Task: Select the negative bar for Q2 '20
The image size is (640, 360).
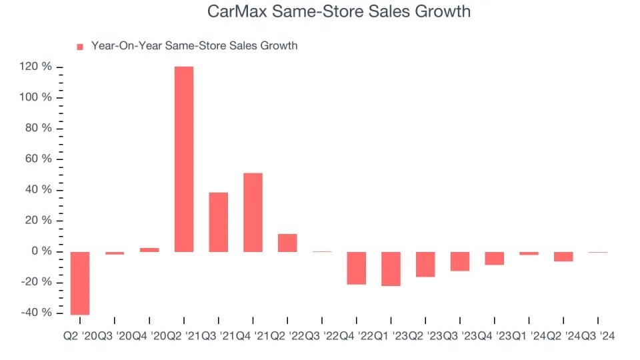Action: (81, 283)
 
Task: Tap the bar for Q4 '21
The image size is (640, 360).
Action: (253, 212)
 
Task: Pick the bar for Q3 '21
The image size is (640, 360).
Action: (219, 222)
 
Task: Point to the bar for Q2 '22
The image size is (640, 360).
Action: (287, 243)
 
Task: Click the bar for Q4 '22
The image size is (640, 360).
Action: (357, 268)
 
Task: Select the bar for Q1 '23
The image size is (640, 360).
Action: (391, 269)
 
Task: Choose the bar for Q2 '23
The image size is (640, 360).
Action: (425, 264)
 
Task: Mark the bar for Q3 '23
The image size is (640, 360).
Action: (460, 261)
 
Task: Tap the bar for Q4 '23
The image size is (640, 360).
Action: (494, 258)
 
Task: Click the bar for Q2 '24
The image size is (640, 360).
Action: (563, 257)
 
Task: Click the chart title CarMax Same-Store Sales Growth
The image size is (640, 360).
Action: (339, 12)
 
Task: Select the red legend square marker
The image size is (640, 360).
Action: (80, 47)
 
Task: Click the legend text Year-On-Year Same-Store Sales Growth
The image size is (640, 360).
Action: (194, 46)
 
